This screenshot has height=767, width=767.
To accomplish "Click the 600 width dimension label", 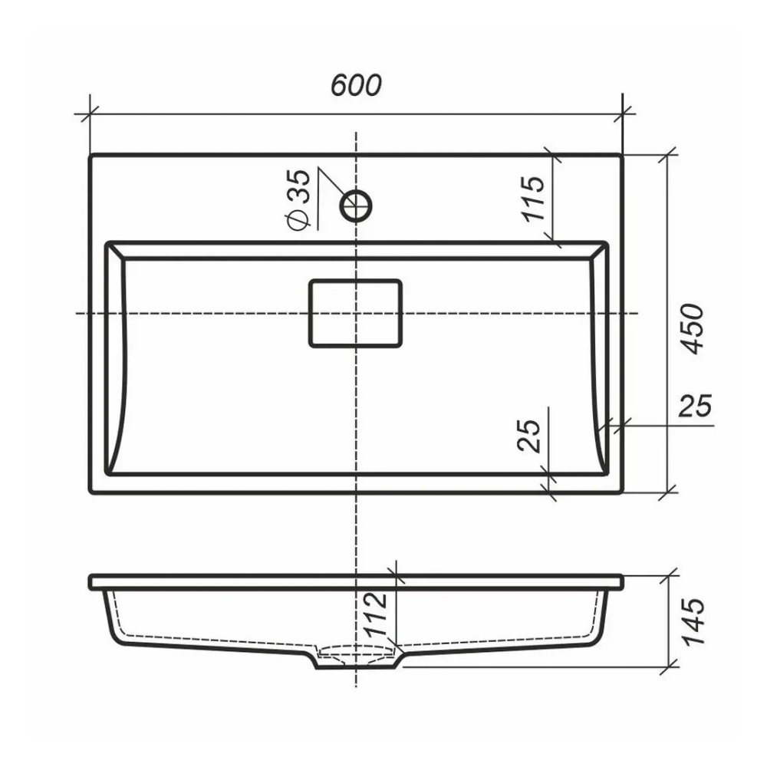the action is [356, 85].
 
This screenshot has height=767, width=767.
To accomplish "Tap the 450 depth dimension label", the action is [693, 329].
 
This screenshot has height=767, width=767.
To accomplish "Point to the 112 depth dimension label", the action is [377, 614].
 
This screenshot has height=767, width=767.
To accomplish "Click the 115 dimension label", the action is [533, 198].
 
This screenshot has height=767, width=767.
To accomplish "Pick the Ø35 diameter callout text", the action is [299, 199].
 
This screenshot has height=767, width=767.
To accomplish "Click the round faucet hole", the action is [356, 206].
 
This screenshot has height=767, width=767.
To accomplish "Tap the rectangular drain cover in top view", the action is [356, 313].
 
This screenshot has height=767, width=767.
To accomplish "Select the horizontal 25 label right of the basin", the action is [695, 406].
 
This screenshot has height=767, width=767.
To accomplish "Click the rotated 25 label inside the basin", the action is [529, 436].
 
